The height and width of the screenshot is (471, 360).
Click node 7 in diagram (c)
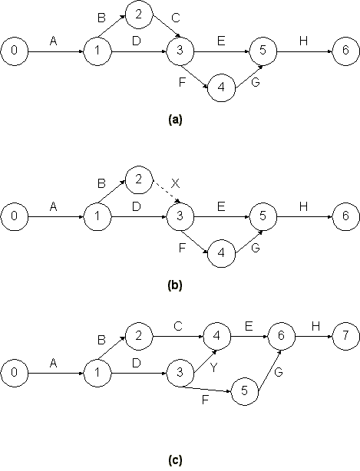(345, 336)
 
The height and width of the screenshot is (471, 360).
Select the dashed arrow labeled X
(167, 192)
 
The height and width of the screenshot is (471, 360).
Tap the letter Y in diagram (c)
(213, 367)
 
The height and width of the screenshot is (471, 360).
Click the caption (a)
(175, 119)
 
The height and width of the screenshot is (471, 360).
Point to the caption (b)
(175, 285)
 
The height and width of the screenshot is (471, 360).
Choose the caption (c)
(175, 460)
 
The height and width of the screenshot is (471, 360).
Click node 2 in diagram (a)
(138, 15)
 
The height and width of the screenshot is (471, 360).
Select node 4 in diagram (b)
(221, 253)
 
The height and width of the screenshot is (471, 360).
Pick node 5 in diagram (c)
(245, 391)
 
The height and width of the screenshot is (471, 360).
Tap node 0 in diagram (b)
(14, 216)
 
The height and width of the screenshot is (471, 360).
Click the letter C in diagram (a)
(176, 18)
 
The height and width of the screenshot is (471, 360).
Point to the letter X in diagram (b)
(175, 183)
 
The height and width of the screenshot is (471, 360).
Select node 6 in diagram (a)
(345, 51)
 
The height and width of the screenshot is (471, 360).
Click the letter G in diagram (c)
(279, 373)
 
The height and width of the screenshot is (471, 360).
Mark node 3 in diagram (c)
(180, 373)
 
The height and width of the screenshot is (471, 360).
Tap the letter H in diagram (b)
(303, 206)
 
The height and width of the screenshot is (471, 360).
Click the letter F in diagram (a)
(181, 82)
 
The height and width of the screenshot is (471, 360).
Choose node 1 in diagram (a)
(97, 51)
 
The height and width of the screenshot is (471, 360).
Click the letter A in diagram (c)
(53, 364)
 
